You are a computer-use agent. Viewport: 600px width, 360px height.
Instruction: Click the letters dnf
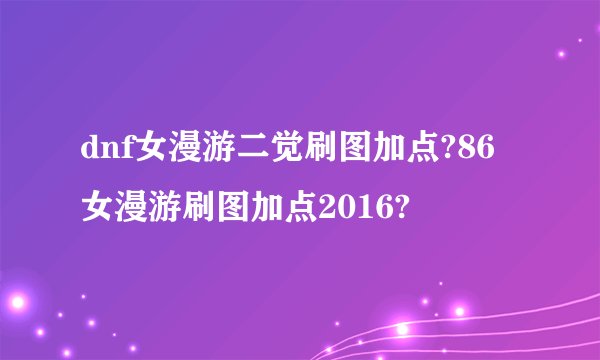pyautogui.click(x=107, y=151)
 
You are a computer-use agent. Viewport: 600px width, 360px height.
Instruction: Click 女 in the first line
pyautogui.click(x=153, y=151)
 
